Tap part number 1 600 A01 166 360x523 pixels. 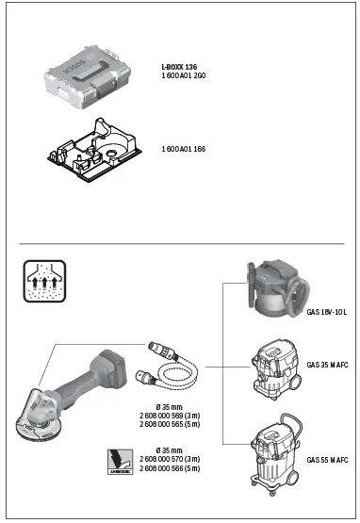[185, 149]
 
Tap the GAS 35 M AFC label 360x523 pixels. [327, 366]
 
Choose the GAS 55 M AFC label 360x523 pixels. [327, 459]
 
